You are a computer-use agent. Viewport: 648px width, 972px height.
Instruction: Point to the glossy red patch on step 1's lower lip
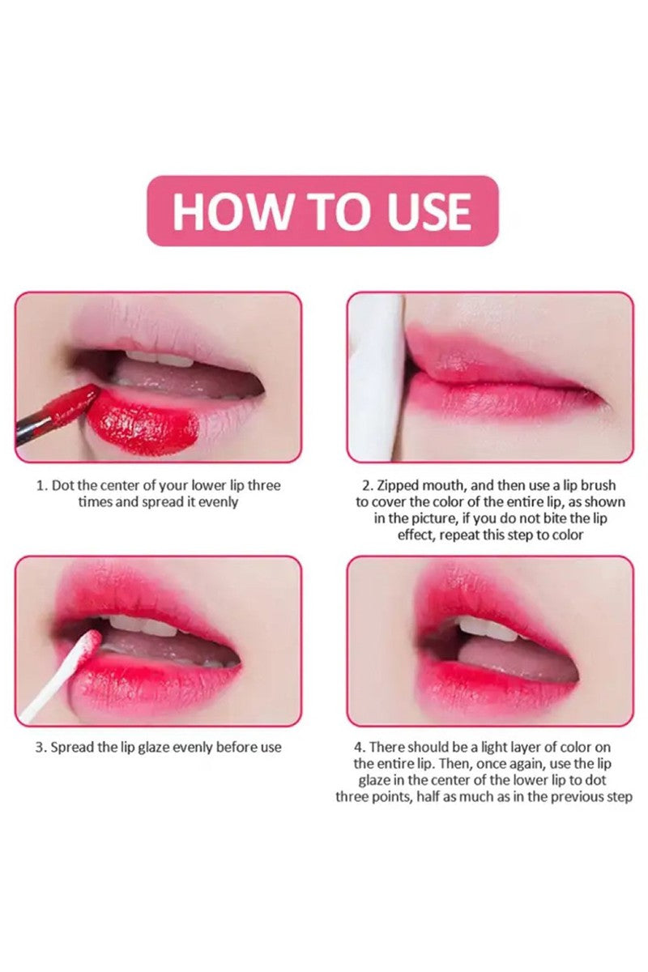pyautogui.click(x=143, y=421)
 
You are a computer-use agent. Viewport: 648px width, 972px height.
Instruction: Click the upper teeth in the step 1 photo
pyautogui.click(x=156, y=358)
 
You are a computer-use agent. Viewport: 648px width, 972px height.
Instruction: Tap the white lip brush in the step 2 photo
pyautogui.click(x=378, y=377)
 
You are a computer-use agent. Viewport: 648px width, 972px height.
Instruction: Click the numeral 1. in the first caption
pyautogui.click(x=41, y=485)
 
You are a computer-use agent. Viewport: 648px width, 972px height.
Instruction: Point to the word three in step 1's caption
pyautogui.click(x=264, y=485)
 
